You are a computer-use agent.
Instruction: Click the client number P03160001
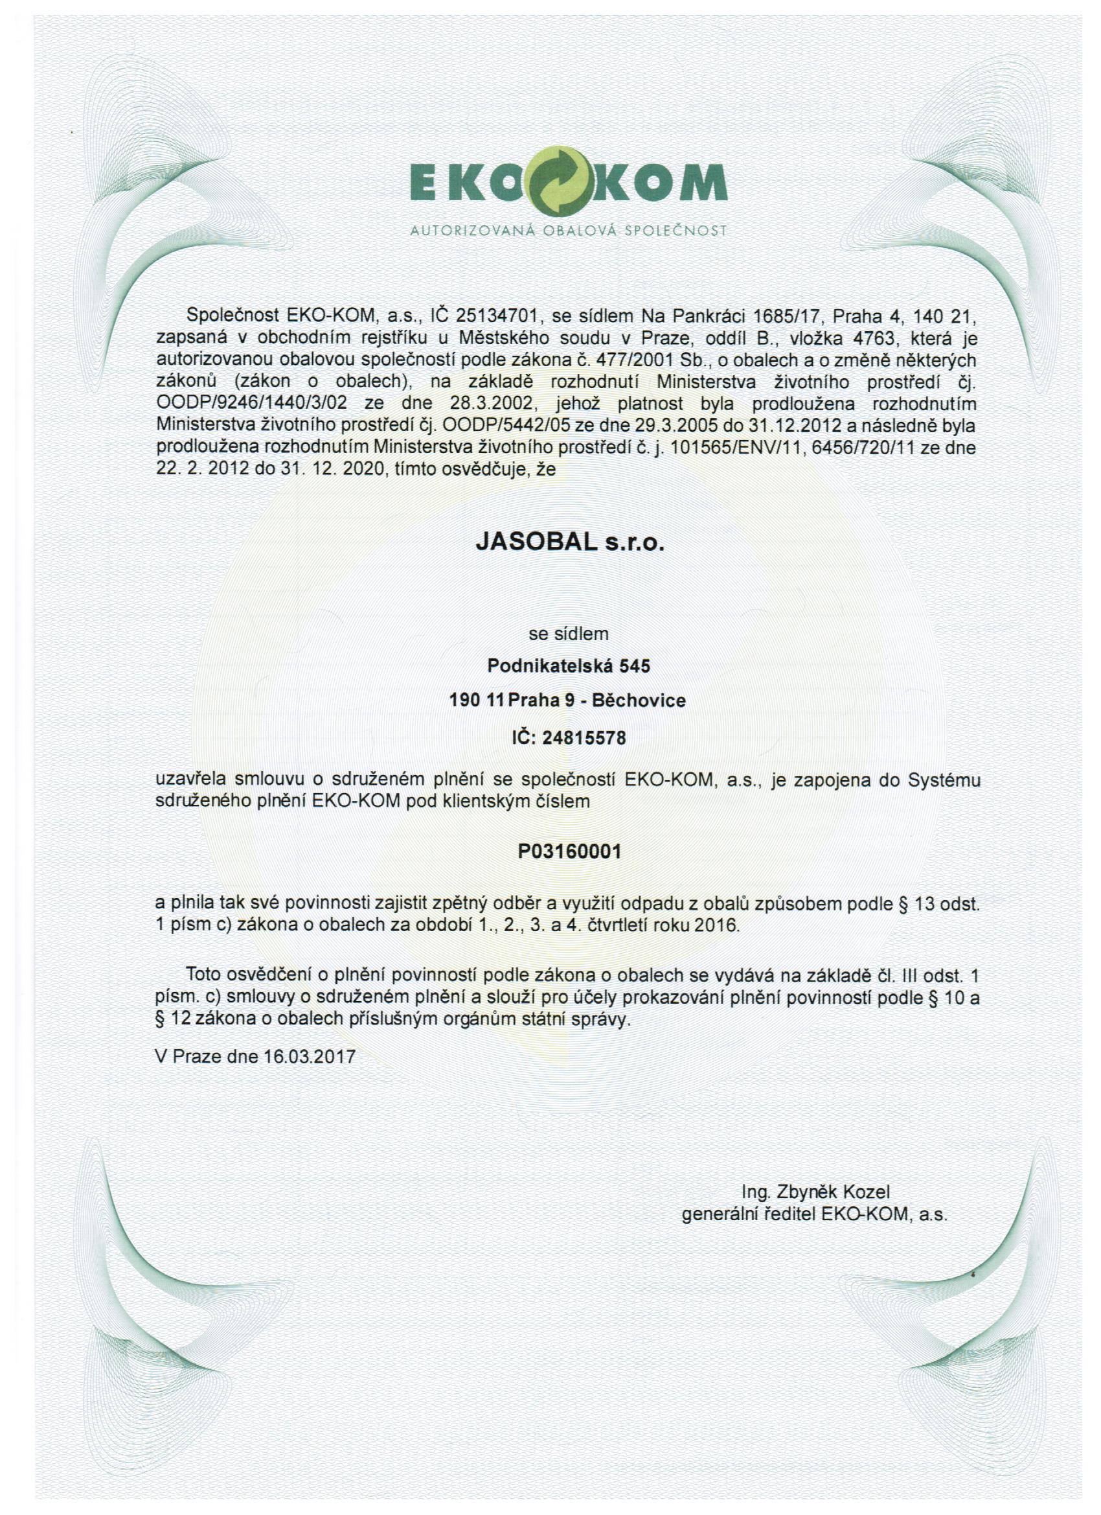tap(569, 851)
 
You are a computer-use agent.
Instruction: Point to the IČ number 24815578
tap(584, 738)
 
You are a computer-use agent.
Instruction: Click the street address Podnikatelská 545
tap(569, 665)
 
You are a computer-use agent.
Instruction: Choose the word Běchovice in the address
tap(639, 700)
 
